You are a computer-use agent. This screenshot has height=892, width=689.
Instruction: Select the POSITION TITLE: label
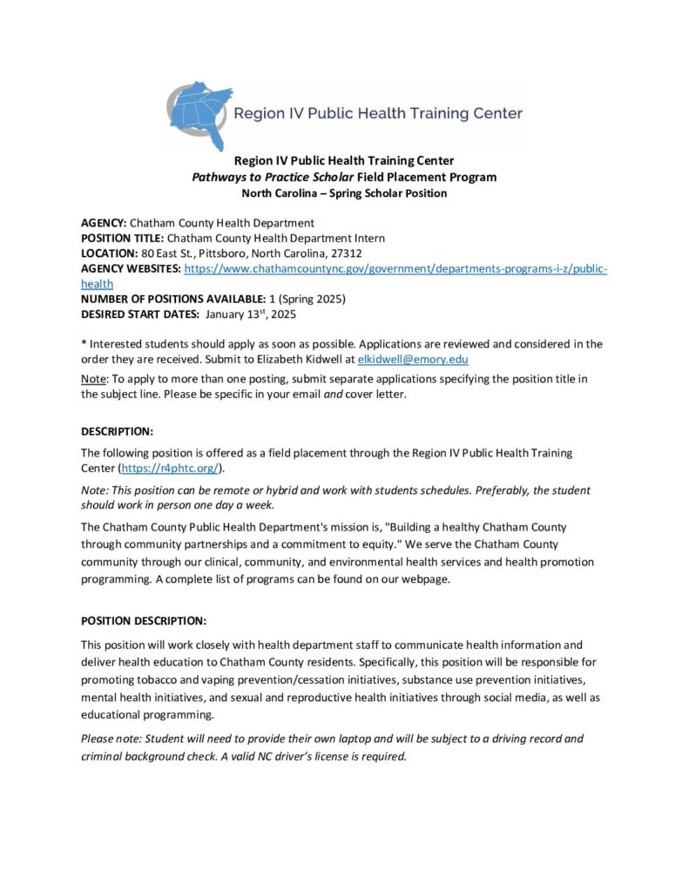[122, 238]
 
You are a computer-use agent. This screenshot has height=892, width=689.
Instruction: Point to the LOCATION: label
[110, 253]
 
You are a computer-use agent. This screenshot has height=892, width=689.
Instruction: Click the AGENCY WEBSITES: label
[131, 268]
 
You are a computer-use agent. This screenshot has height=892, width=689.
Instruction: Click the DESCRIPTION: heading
[117, 431]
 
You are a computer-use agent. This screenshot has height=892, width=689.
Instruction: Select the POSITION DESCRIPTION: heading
[144, 621]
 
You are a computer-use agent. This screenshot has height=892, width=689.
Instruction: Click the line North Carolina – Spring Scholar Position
[344, 193]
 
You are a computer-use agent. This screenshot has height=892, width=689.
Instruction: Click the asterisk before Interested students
[84, 343]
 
